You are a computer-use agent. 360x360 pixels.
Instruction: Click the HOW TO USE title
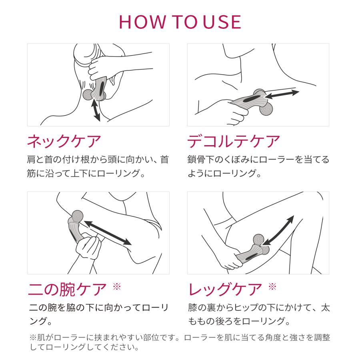[180, 22]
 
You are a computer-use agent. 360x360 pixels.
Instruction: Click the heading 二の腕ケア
[68, 288]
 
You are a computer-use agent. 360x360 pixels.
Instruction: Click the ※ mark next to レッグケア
[272, 286]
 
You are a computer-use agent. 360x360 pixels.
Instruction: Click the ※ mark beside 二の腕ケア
[117, 286]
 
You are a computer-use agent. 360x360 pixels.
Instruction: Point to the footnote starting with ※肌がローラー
[180, 342]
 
